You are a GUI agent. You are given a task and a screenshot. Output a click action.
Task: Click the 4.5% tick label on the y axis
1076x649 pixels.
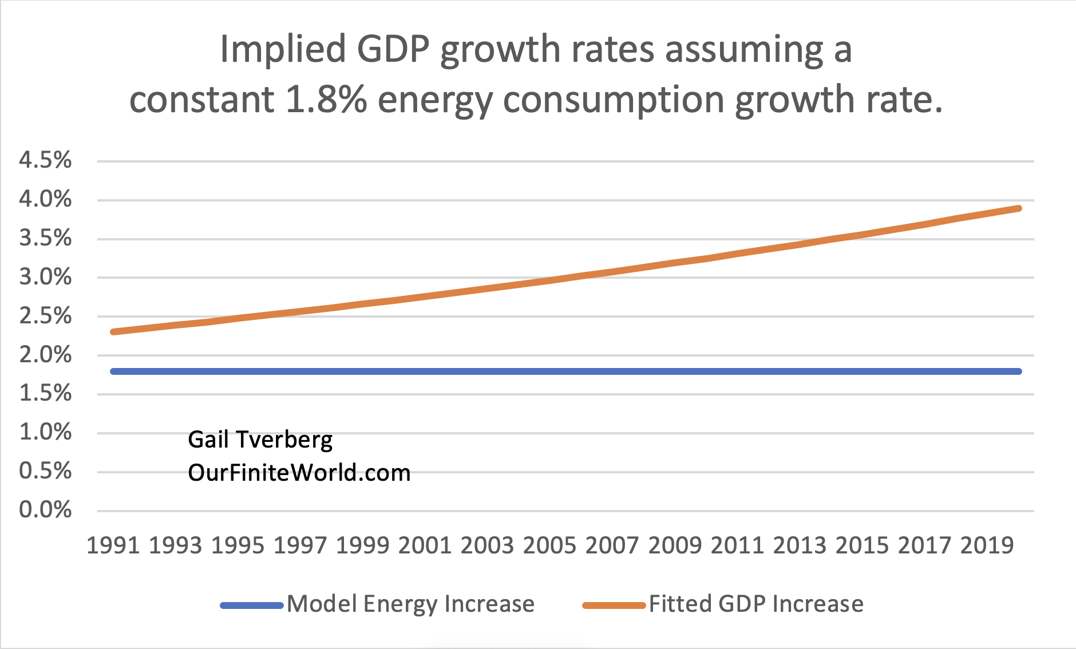tap(45, 160)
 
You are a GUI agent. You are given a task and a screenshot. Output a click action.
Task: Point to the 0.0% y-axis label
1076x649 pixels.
tap(45, 509)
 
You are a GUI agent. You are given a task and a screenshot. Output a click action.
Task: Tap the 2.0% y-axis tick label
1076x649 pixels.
tap(45, 355)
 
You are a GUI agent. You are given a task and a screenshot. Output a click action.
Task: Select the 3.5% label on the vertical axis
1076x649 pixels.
tap(45, 238)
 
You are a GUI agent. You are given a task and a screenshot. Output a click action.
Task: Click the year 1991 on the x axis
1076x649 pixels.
tap(113, 545)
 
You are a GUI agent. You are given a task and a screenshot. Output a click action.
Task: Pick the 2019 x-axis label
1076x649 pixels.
tap(987, 545)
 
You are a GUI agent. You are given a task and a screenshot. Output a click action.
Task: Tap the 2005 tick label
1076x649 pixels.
tap(549, 545)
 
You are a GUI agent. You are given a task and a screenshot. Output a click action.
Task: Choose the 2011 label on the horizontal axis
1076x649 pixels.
tap(737, 545)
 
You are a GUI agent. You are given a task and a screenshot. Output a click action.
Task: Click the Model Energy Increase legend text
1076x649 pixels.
tap(410, 604)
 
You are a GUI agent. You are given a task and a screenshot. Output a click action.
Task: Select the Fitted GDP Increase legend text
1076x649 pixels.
tap(755, 604)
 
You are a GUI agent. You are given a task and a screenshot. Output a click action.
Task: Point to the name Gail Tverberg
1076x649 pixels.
tap(260, 440)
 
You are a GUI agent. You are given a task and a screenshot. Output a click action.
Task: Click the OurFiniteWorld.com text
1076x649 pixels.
tap(299, 473)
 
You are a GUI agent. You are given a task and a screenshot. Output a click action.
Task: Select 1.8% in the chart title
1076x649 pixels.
tap(326, 100)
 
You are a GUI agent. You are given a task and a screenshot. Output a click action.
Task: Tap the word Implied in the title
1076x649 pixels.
tap(283, 50)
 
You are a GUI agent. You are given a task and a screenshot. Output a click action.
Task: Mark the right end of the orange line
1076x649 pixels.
tap(1019, 208)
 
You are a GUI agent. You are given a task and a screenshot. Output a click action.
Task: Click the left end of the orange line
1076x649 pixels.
tap(113, 332)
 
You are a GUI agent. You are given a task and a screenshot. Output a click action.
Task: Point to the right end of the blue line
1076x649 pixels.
tap(1019, 371)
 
